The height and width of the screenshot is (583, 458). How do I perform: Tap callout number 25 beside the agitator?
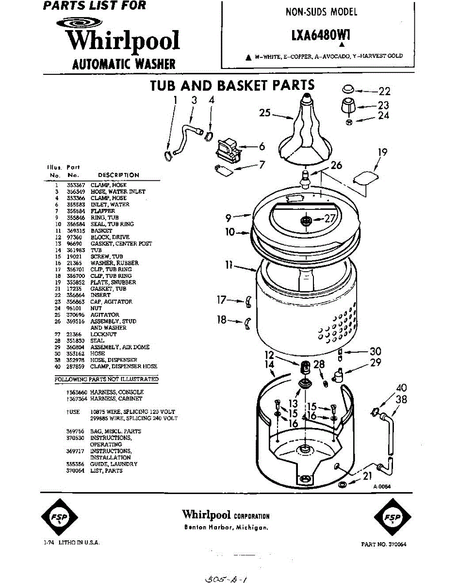click(x=265, y=114)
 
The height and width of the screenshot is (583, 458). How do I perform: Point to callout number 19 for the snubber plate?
click(x=382, y=153)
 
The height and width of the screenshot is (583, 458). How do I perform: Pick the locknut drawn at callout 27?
click(x=306, y=221)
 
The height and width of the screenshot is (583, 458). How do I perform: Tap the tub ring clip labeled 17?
click(x=248, y=303)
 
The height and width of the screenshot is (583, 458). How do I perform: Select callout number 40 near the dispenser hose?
click(x=401, y=388)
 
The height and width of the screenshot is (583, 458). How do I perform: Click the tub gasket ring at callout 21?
click(x=342, y=485)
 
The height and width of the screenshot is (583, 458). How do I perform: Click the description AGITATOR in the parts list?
click(x=104, y=315)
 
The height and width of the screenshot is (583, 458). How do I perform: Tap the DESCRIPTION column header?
click(x=118, y=175)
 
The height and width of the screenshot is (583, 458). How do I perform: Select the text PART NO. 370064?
click(x=384, y=545)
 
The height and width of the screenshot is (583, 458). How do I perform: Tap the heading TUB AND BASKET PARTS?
click(x=232, y=86)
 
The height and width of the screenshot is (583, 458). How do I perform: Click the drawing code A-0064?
click(x=382, y=487)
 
